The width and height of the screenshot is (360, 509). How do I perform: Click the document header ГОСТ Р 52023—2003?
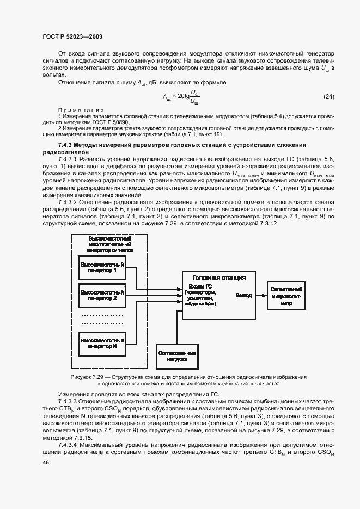[72, 36]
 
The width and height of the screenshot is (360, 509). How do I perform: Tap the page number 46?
[45, 462]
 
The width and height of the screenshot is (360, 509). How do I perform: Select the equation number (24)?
[328, 97]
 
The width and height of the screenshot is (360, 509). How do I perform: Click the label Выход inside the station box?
[243, 295]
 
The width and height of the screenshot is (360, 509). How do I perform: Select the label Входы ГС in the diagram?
[200, 286]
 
